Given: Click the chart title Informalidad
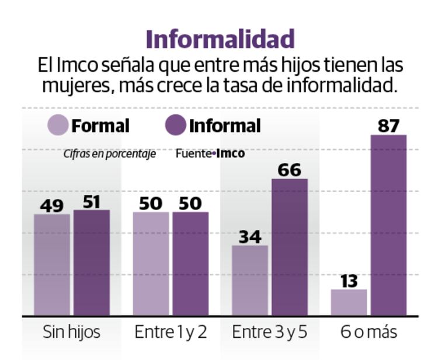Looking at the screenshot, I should [220, 40].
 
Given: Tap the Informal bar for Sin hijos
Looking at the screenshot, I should [91, 263].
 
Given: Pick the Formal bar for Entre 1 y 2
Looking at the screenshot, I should [151, 263].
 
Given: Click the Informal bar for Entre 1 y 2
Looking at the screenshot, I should [190, 263].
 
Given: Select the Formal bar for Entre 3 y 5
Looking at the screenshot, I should [250, 280].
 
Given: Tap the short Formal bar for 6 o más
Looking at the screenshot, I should [349, 302].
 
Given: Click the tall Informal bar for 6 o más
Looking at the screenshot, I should [389, 225].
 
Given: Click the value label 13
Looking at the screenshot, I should [349, 281].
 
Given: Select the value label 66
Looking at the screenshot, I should [290, 170].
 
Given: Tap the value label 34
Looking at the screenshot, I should [250, 237].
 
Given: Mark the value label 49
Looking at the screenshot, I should [51, 205].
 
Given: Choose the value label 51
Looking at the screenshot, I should [91, 201].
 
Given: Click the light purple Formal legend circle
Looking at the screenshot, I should [58, 125].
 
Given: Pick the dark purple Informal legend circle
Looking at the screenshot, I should [175, 125].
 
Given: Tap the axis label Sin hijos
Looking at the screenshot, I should [71, 333].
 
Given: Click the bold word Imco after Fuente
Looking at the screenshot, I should [231, 155].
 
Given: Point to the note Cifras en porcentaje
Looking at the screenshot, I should [110, 155].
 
